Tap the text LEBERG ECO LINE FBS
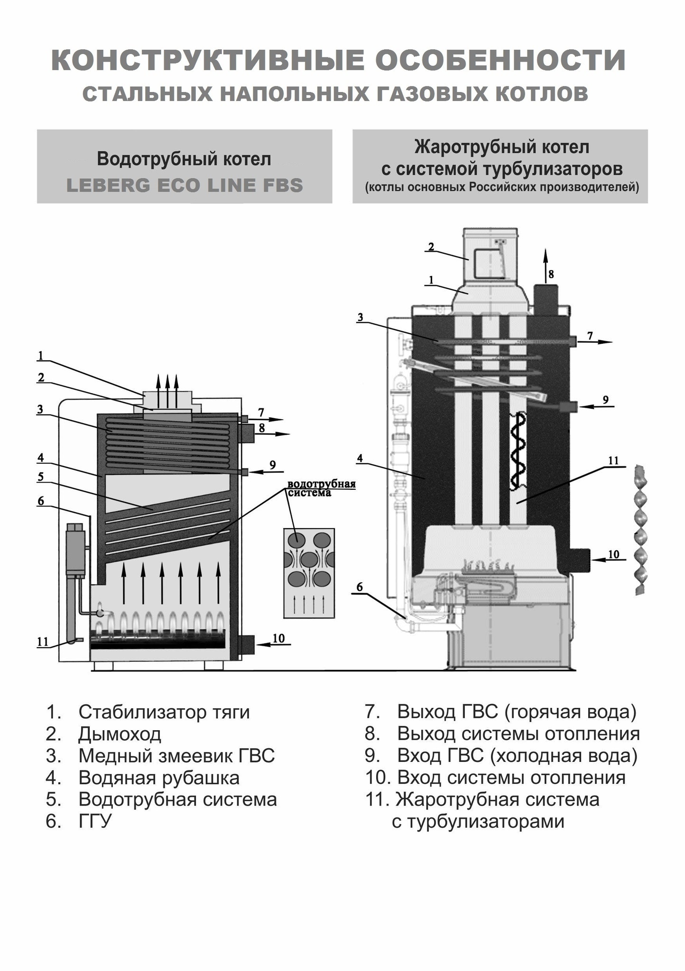pos(185,185)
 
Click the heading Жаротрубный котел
pos(501,147)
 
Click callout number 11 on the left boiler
pos(43,641)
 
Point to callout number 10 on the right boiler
pos(613,554)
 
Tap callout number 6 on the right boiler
pos(360,587)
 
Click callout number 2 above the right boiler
pos(431,247)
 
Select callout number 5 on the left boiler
pos(40,476)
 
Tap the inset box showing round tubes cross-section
pos(309,573)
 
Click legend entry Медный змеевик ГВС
pos(176,755)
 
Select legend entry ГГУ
pos(95,821)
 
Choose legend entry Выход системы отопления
pos(518,733)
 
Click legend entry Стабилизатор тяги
pos(164,712)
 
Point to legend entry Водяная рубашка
pos(158,777)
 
